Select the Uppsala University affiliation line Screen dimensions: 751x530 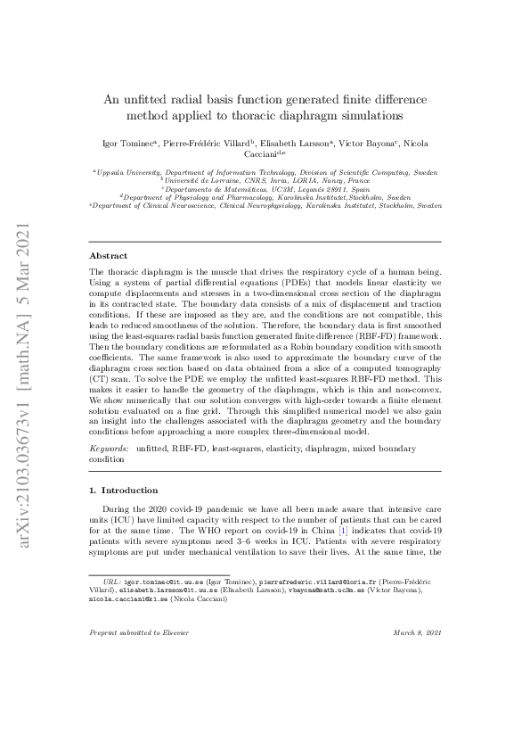click(265, 170)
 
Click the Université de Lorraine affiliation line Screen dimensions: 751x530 click(265, 178)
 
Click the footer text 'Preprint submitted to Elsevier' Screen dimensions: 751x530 click(134, 632)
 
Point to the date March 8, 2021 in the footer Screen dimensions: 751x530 click(417, 632)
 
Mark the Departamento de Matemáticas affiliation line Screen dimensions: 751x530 click(265, 187)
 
